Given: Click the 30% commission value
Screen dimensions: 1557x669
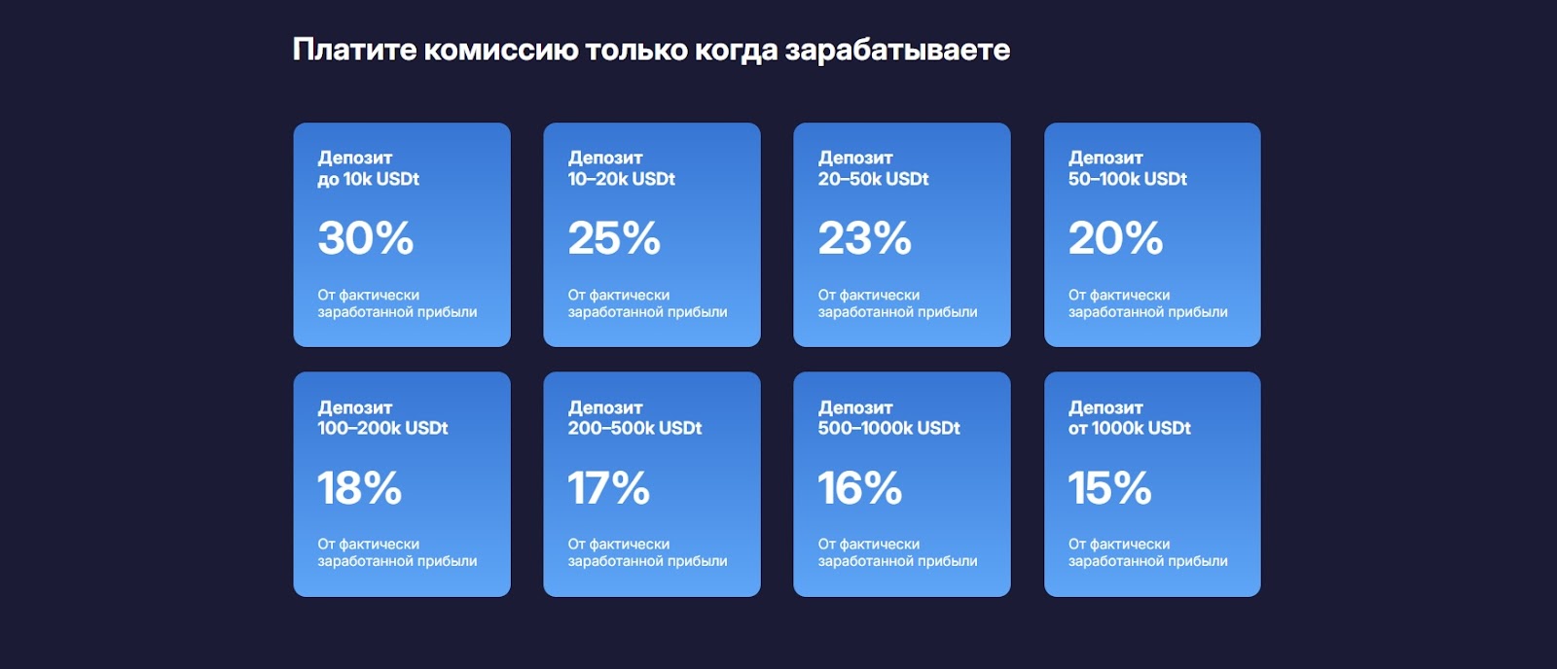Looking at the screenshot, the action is click(x=366, y=237).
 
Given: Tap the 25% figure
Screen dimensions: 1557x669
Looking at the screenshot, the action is click(x=614, y=237).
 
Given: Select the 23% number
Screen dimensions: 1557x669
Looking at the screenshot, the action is click(x=865, y=237).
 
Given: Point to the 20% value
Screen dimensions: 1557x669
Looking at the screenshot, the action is click(x=1115, y=237).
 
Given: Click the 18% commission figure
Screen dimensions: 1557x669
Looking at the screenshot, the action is click(x=359, y=487).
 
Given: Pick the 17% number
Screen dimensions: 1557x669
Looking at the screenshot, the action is click(x=609, y=487).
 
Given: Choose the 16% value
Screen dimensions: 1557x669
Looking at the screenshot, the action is click(x=860, y=487).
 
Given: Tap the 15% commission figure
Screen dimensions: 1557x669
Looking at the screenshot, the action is click(x=1109, y=487).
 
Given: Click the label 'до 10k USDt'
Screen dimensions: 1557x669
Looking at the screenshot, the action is click(x=369, y=179).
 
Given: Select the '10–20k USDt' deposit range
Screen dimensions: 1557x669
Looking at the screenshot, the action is click(x=622, y=179).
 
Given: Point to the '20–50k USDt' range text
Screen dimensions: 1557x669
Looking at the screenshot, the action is click(x=873, y=179).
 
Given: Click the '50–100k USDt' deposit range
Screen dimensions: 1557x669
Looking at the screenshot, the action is click(x=1128, y=179).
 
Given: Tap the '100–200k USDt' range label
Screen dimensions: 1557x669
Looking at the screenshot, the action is click(x=383, y=428).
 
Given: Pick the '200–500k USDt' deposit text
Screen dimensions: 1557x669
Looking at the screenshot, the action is click(x=634, y=428).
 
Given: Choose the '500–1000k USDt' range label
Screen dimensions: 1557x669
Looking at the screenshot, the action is click(x=889, y=428).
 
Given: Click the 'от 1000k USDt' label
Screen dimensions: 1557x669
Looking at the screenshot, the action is click(x=1130, y=428).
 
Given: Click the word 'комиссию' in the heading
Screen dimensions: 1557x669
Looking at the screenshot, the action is click(x=500, y=50).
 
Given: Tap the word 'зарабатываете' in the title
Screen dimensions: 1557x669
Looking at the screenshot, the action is click(x=897, y=50).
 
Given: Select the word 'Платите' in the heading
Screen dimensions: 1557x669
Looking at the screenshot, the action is click(x=354, y=50).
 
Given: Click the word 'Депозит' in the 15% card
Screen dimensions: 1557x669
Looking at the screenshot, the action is click(x=1105, y=407).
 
